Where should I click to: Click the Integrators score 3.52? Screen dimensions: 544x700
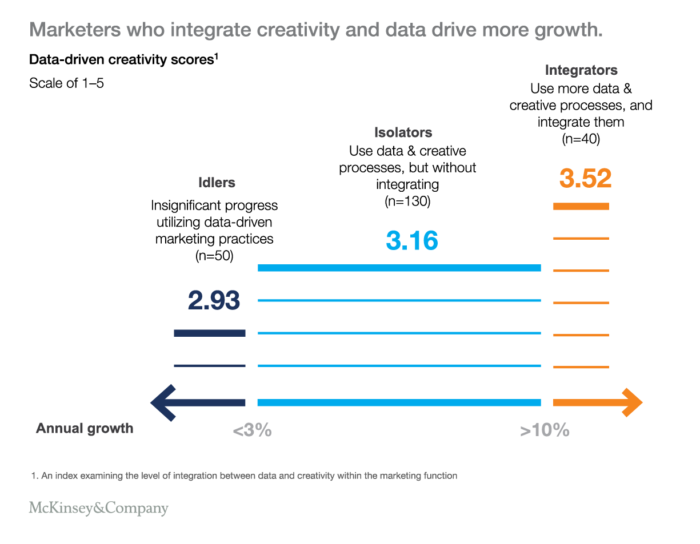pyautogui.click(x=585, y=178)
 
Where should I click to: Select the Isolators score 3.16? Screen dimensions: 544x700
pyautogui.click(x=412, y=240)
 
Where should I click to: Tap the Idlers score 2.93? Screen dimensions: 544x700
pyautogui.click(x=214, y=300)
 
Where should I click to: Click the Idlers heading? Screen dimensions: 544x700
pyautogui.click(x=217, y=183)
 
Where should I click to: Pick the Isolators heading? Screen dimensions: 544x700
pyautogui.click(x=403, y=132)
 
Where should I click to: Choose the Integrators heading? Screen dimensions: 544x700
pyautogui.click(x=581, y=70)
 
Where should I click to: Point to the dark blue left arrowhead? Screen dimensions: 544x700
pyautogui.click(x=163, y=403)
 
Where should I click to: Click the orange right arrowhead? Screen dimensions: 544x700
pyautogui.click(x=631, y=403)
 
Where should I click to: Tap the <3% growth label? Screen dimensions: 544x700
pyautogui.click(x=252, y=430)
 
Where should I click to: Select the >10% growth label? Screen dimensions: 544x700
pyautogui.click(x=545, y=430)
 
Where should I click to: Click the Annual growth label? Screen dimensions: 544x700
pyautogui.click(x=85, y=429)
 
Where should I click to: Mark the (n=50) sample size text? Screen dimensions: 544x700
pyautogui.click(x=214, y=256)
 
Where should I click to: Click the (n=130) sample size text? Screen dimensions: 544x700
pyautogui.click(x=407, y=202)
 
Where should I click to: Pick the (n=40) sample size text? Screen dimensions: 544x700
pyautogui.click(x=581, y=139)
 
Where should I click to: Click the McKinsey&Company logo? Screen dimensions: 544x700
pyautogui.click(x=98, y=508)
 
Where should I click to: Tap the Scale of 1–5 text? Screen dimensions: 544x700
pyautogui.click(x=66, y=83)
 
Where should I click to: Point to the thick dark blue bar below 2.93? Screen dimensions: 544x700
pyautogui.click(x=209, y=333)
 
